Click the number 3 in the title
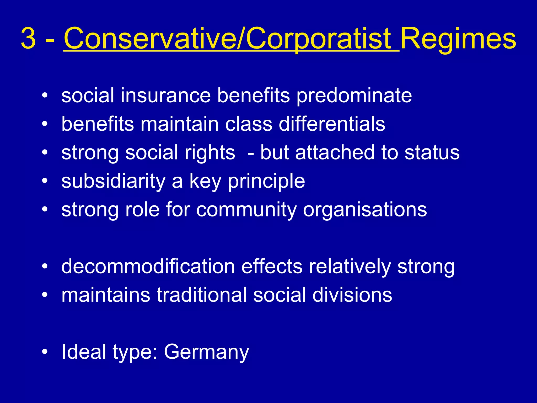(x=28, y=39)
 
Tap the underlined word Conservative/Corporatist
(x=231, y=39)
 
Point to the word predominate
(x=354, y=96)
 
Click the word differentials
(x=332, y=124)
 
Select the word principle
(x=266, y=182)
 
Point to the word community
(x=247, y=210)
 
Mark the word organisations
(x=365, y=210)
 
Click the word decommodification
(x=148, y=267)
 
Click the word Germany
(x=207, y=352)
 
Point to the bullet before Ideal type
(x=45, y=352)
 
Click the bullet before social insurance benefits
(x=45, y=95)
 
